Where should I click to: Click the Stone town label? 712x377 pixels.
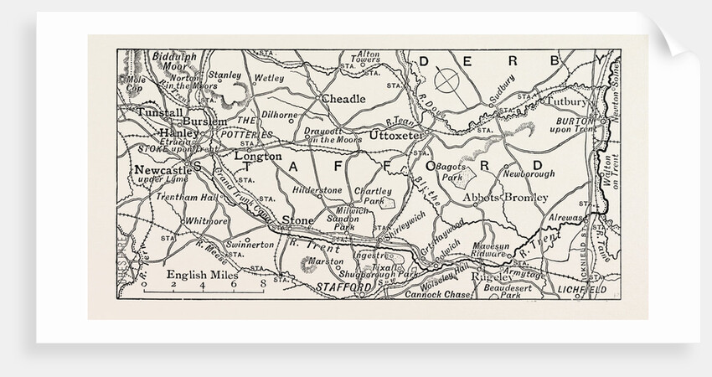click(x=298, y=220)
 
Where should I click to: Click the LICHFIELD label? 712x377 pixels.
click(x=580, y=289)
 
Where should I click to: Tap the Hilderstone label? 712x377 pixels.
click(x=315, y=191)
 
